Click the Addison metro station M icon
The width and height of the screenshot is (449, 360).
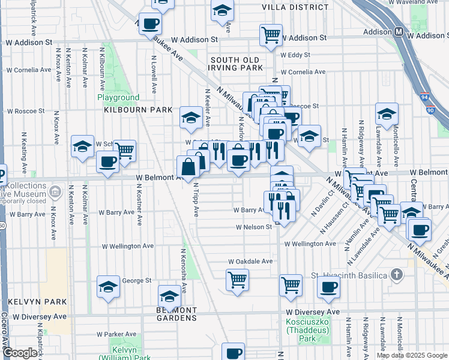[399, 31]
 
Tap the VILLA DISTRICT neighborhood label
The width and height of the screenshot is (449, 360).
[295, 7]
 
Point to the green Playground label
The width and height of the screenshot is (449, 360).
[118, 98]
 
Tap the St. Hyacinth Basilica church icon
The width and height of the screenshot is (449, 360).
[396, 275]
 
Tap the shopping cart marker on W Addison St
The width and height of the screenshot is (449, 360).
[271, 34]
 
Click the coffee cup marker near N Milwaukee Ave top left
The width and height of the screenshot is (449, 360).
[150, 25]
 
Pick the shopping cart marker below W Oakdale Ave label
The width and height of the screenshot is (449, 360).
[238, 279]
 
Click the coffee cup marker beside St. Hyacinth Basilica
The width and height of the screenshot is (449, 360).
[328, 287]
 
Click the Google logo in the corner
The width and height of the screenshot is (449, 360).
[19, 353]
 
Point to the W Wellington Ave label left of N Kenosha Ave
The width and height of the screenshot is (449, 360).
[128, 246]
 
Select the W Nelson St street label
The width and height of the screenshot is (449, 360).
[253, 227]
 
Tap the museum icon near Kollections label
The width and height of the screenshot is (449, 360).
[55, 192]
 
